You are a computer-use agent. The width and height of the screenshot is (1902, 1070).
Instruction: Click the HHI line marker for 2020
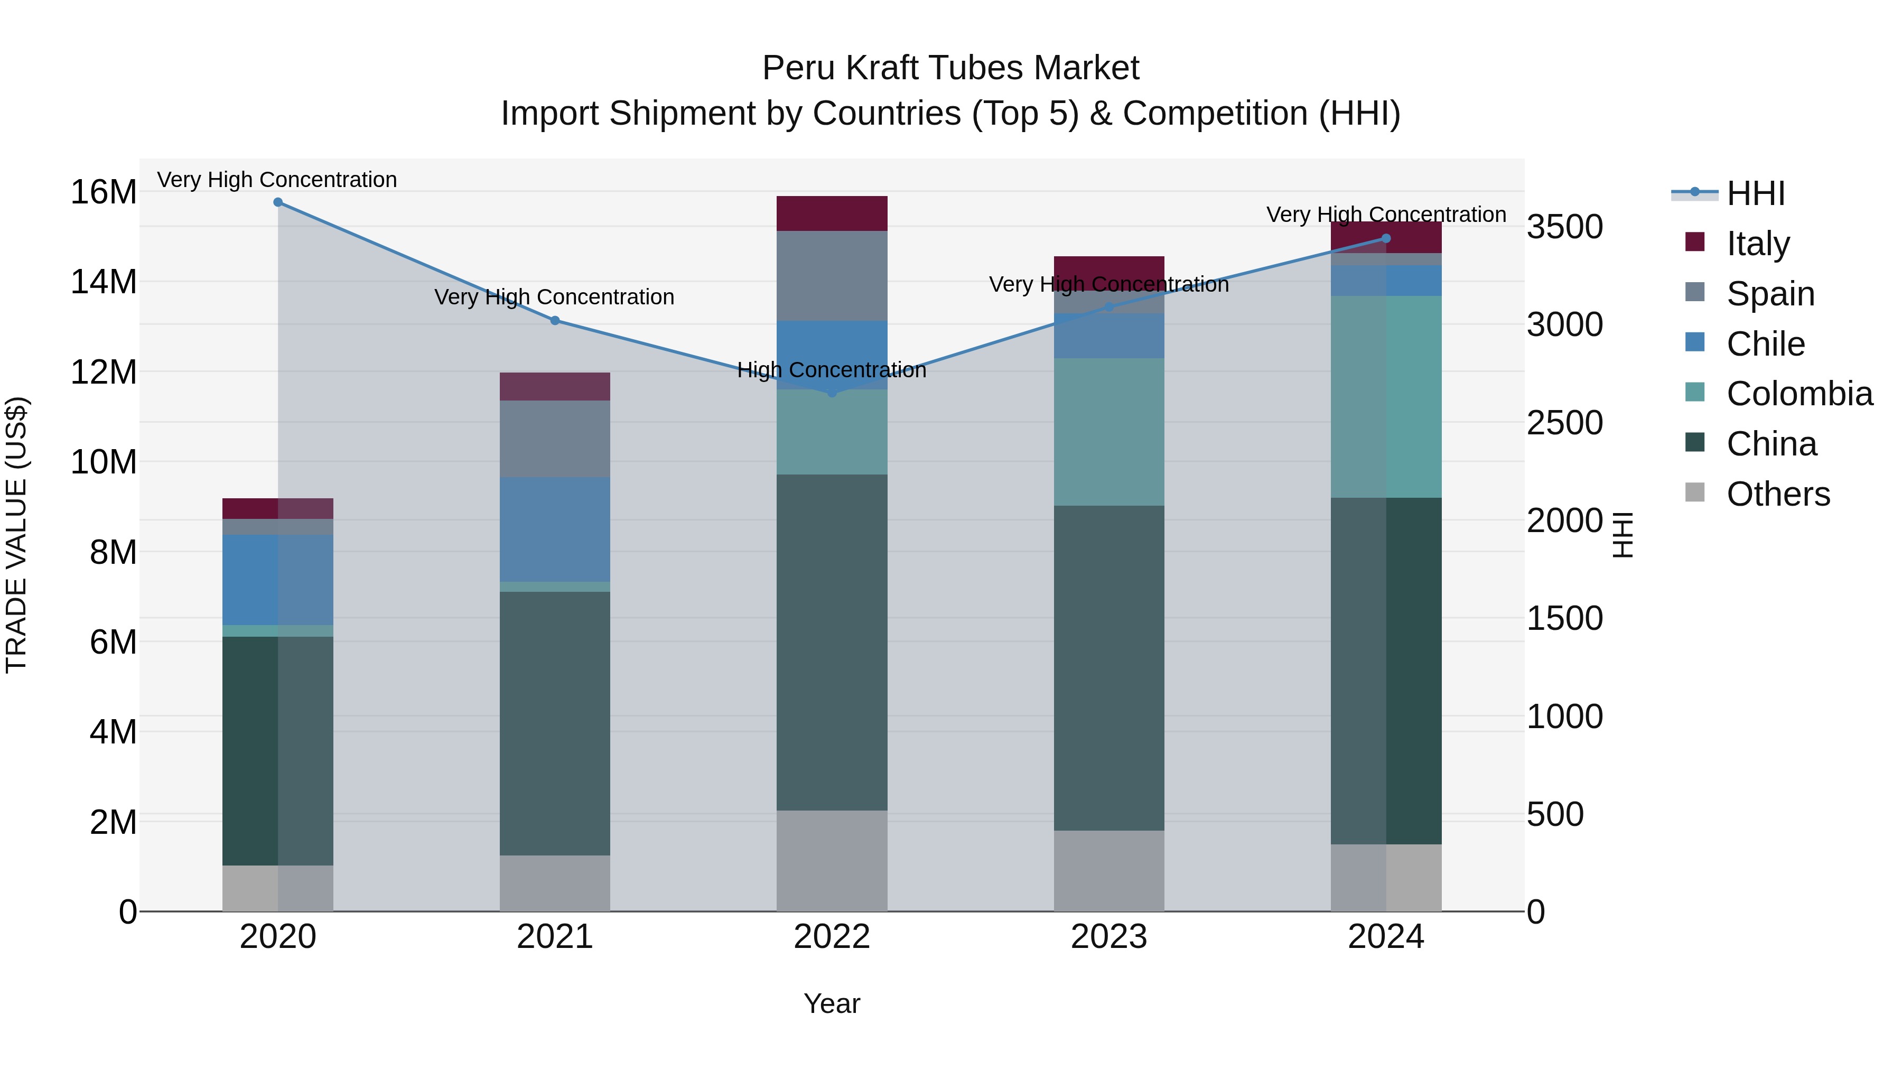277,202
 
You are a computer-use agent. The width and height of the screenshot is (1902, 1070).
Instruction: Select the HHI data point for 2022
832,392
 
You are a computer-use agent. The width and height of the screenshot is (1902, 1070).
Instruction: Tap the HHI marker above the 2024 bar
1386,238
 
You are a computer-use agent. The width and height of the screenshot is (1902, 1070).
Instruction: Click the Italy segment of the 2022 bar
832,213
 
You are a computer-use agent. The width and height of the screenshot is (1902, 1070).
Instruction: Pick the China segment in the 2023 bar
1109,668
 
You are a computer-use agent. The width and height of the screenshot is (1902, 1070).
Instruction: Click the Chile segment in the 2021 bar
555,529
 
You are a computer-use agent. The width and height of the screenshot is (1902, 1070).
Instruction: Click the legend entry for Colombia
1798,394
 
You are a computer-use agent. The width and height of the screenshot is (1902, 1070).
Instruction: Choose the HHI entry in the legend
1755,193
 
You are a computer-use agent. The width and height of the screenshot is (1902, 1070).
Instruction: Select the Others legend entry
1777,494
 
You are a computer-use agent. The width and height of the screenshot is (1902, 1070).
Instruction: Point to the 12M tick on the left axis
104,372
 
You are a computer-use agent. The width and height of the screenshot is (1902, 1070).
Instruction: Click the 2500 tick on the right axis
1564,423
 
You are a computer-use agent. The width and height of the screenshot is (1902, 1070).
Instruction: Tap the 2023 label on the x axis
1109,937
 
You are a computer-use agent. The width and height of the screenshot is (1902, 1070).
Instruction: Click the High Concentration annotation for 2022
832,369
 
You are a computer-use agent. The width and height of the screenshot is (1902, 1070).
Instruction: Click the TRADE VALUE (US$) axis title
16,535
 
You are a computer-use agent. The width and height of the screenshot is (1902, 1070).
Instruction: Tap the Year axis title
832,1003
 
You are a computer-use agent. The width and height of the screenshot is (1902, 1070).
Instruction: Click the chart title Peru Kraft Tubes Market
950,68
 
